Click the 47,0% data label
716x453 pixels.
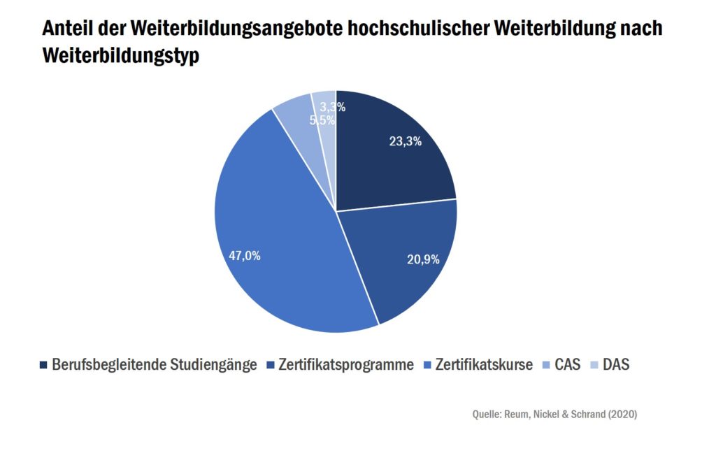click(x=245, y=256)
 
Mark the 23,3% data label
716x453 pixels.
click(x=406, y=141)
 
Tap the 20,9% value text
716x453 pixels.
click(x=423, y=259)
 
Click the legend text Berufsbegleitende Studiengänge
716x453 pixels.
click(x=154, y=365)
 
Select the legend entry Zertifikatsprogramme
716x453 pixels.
click(x=345, y=365)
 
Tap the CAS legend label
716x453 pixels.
click(x=568, y=365)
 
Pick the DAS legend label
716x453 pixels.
click(x=616, y=365)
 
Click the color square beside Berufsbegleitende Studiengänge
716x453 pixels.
click(x=44, y=365)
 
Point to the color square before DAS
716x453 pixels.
click(x=594, y=365)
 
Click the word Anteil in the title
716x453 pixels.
click(x=66, y=29)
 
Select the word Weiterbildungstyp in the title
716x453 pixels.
click(x=121, y=56)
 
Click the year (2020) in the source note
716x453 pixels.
click(x=621, y=414)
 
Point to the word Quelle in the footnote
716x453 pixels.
click(x=487, y=414)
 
